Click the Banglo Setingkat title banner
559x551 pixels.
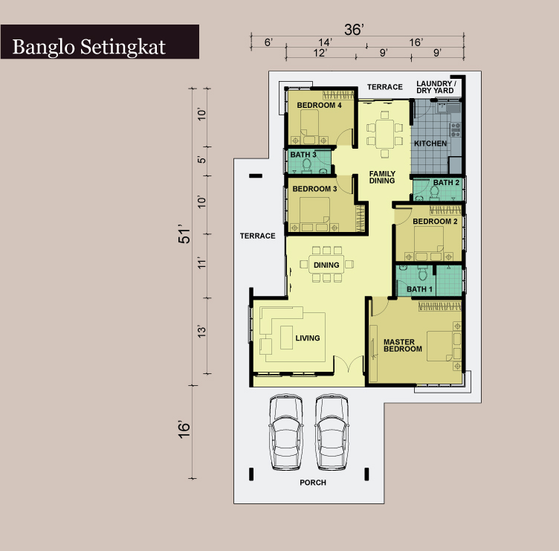pos(100,42)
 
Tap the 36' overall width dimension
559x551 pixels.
pos(354,30)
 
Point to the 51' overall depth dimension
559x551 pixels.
pos(184,234)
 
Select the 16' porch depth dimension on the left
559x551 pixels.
pos(184,430)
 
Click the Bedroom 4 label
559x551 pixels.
pos(319,105)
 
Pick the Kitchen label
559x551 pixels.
pos(430,144)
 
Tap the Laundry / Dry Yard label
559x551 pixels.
pos(436,87)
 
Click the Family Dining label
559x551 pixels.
pos(382,177)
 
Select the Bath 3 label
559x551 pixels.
pos(303,155)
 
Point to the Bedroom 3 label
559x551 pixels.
pos(314,189)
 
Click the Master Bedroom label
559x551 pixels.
pos(402,346)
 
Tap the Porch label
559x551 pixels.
pos(313,483)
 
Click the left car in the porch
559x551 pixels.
pos(286,431)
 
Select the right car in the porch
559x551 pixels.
pos(332,431)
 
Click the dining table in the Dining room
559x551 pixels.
pos(326,264)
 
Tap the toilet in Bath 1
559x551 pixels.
pos(423,274)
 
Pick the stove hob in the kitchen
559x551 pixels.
pos(456,130)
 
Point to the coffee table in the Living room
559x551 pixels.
pos(287,338)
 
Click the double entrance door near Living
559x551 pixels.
pos(349,364)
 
